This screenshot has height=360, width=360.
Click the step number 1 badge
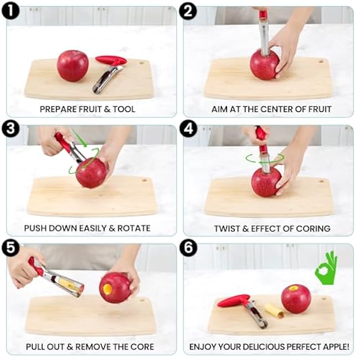pos(11,11)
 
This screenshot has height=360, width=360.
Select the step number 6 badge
pos(188,248)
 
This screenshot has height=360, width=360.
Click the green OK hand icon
pos(326,268)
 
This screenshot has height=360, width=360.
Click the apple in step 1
pos(73,66)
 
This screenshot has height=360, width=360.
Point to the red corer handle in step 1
pos(111,60)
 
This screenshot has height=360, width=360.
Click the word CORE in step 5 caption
pos(142,347)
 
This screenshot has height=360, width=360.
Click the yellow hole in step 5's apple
pos(107,289)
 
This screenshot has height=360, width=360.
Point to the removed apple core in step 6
pos(275,311)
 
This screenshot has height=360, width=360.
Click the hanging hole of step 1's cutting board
pos(141,63)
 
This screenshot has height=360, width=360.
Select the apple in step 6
pos(296,299)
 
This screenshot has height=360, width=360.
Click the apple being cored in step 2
pos(265,65)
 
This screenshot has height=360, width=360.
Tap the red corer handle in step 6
pos(234,301)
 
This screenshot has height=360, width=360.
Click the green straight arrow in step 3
pos(79,138)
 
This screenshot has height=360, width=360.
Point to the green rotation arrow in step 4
pos(265,158)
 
